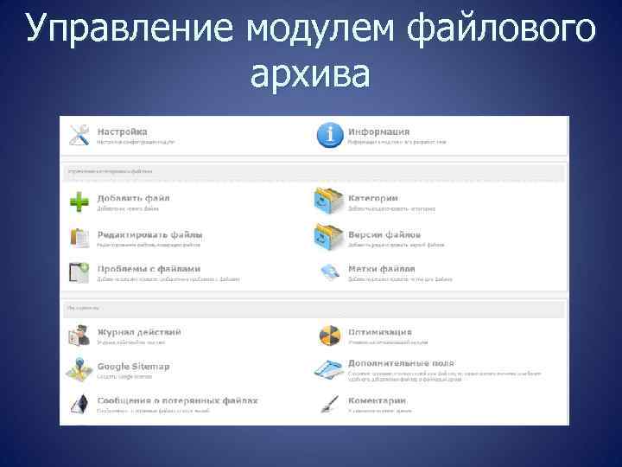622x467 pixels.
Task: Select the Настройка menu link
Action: [122, 131]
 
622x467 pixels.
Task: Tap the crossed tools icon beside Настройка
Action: [79, 135]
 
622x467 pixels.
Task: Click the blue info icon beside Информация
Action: [329, 135]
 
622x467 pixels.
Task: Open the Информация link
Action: [378, 131]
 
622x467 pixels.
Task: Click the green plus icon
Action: [79, 202]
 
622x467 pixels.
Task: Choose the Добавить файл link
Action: [133, 198]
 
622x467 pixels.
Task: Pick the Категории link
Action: [373, 198]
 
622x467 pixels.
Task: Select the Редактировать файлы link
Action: [149, 234]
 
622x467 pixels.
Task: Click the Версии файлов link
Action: [384, 234]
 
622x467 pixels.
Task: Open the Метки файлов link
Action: [382, 269]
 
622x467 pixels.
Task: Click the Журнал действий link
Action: [138, 332]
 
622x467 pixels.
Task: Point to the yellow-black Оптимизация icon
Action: [329, 336]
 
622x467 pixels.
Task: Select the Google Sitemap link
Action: [133, 366]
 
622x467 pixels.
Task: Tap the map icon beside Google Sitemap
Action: [79, 369]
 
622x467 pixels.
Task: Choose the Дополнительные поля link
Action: [401, 363]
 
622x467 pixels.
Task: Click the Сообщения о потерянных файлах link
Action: [177, 400]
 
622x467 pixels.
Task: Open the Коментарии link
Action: [377, 400]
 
